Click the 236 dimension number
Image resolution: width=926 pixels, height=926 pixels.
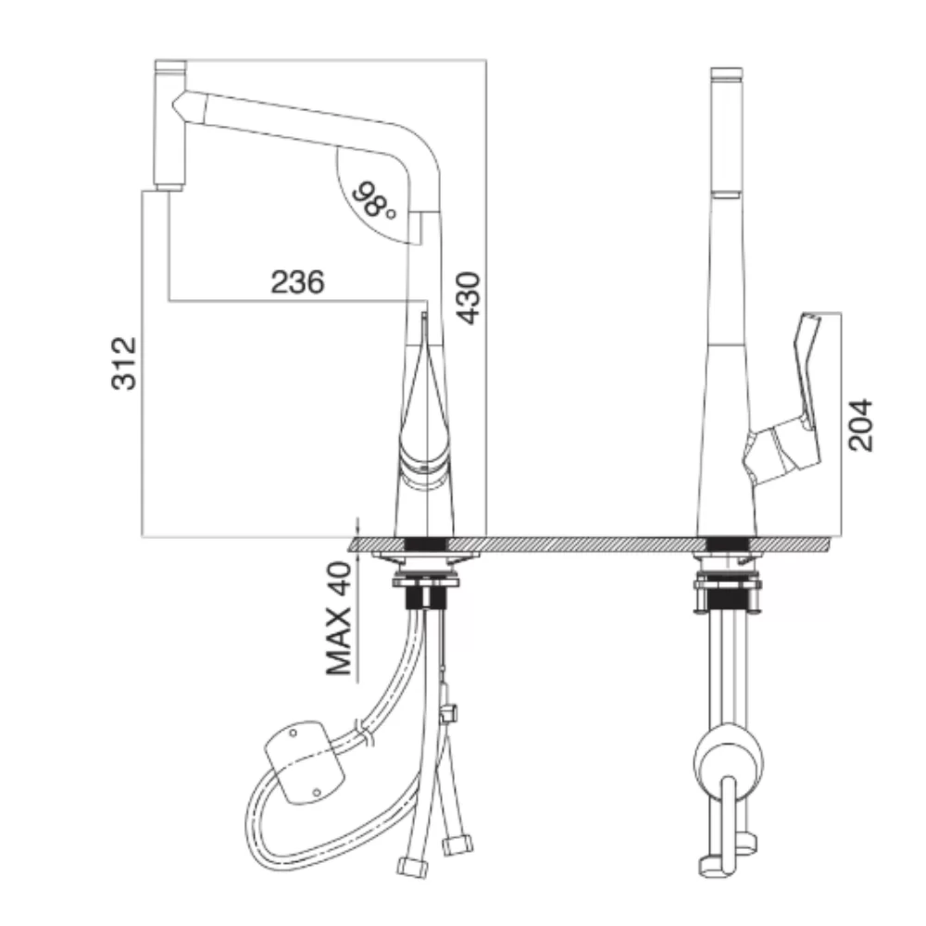pyautogui.click(x=297, y=282)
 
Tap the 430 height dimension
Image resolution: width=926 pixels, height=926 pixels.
pyautogui.click(x=470, y=297)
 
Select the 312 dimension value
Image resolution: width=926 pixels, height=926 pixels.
pyautogui.click(x=124, y=363)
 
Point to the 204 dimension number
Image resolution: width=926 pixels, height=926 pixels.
pyautogui.click(x=860, y=425)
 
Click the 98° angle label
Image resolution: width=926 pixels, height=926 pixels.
pyautogui.click(x=373, y=200)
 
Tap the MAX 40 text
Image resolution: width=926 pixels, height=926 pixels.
pyautogui.click(x=339, y=619)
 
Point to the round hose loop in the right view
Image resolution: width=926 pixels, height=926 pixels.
pyautogui.click(x=728, y=762)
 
